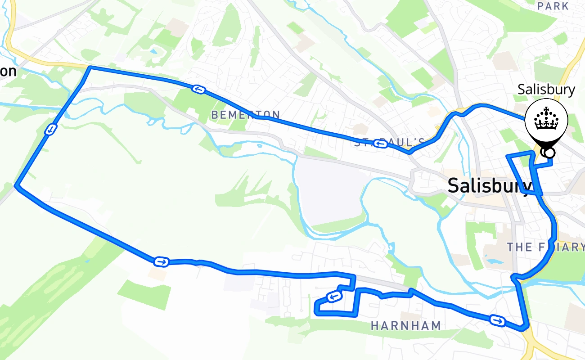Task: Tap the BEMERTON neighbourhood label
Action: [x=246, y=115]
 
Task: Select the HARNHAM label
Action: [x=406, y=326]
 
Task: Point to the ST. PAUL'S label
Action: [x=390, y=142]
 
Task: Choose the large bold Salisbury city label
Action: [x=490, y=186]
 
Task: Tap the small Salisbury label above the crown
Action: [x=546, y=90]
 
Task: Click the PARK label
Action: [x=553, y=6]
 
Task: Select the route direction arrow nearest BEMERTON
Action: [x=198, y=89]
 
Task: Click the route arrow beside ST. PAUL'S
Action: [x=381, y=144]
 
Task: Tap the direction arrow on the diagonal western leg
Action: [x=50, y=130]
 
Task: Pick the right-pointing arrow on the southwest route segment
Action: [x=161, y=261]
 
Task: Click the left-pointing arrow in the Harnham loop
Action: [x=333, y=297]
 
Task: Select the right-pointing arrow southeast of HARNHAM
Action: [x=497, y=320]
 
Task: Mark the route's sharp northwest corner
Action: [x=90, y=67]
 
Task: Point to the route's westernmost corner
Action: [x=17, y=185]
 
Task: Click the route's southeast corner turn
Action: [x=524, y=328]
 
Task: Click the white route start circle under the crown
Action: [x=549, y=153]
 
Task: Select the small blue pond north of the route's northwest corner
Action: [x=154, y=52]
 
